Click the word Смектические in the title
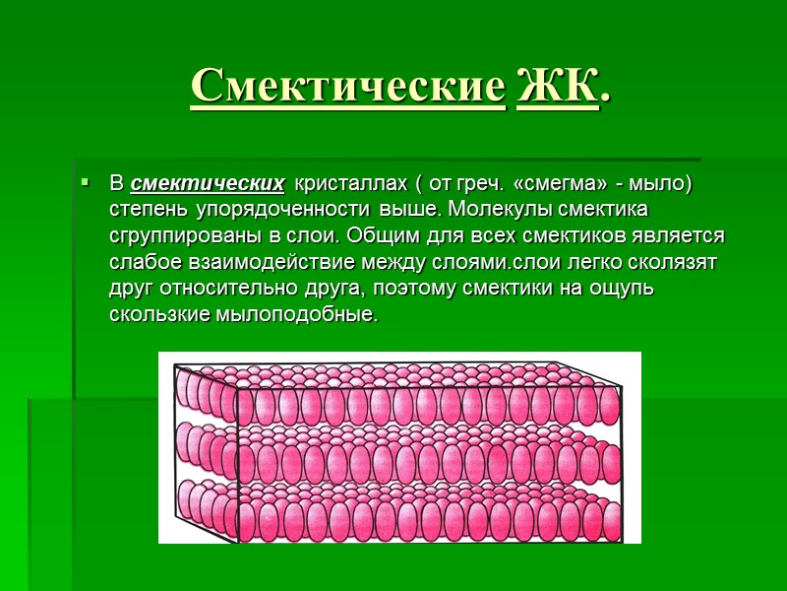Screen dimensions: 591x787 coord(346,88)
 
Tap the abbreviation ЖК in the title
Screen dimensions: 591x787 coord(556,88)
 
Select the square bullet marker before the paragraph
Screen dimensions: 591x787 coord(86,183)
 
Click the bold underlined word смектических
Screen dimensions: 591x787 coord(208,184)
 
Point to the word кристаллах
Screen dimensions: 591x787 coord(342,184)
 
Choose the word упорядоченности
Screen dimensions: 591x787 coord(290,211)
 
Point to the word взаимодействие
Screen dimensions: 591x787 coord(242,264)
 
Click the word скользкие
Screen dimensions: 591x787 coord(155,317)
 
